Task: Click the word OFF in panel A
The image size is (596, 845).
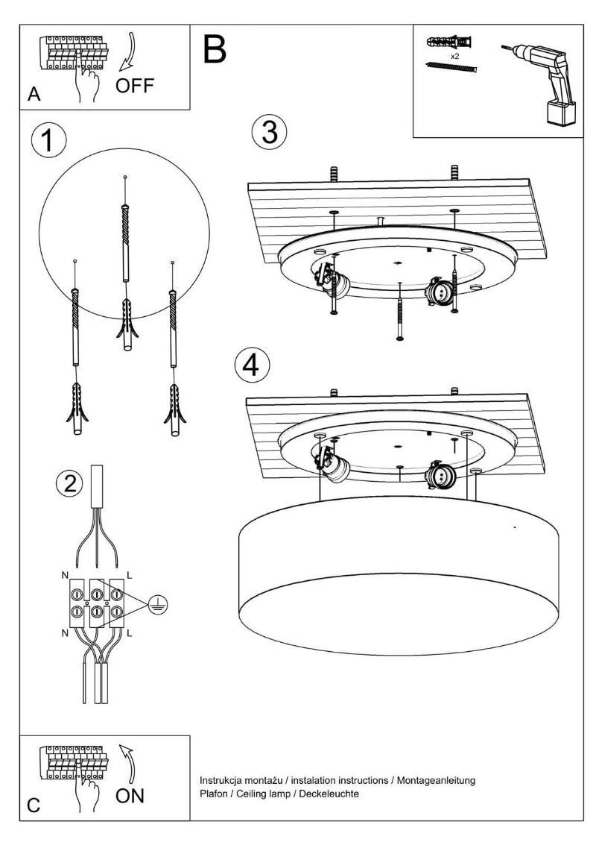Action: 135,85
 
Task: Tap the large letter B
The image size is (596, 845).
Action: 214,48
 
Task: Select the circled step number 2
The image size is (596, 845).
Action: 70,483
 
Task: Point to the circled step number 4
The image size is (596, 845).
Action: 251,365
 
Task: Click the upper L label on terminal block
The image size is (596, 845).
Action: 130,576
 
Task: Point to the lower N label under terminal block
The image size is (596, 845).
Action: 63,633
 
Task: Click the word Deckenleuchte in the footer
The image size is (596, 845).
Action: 330,794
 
